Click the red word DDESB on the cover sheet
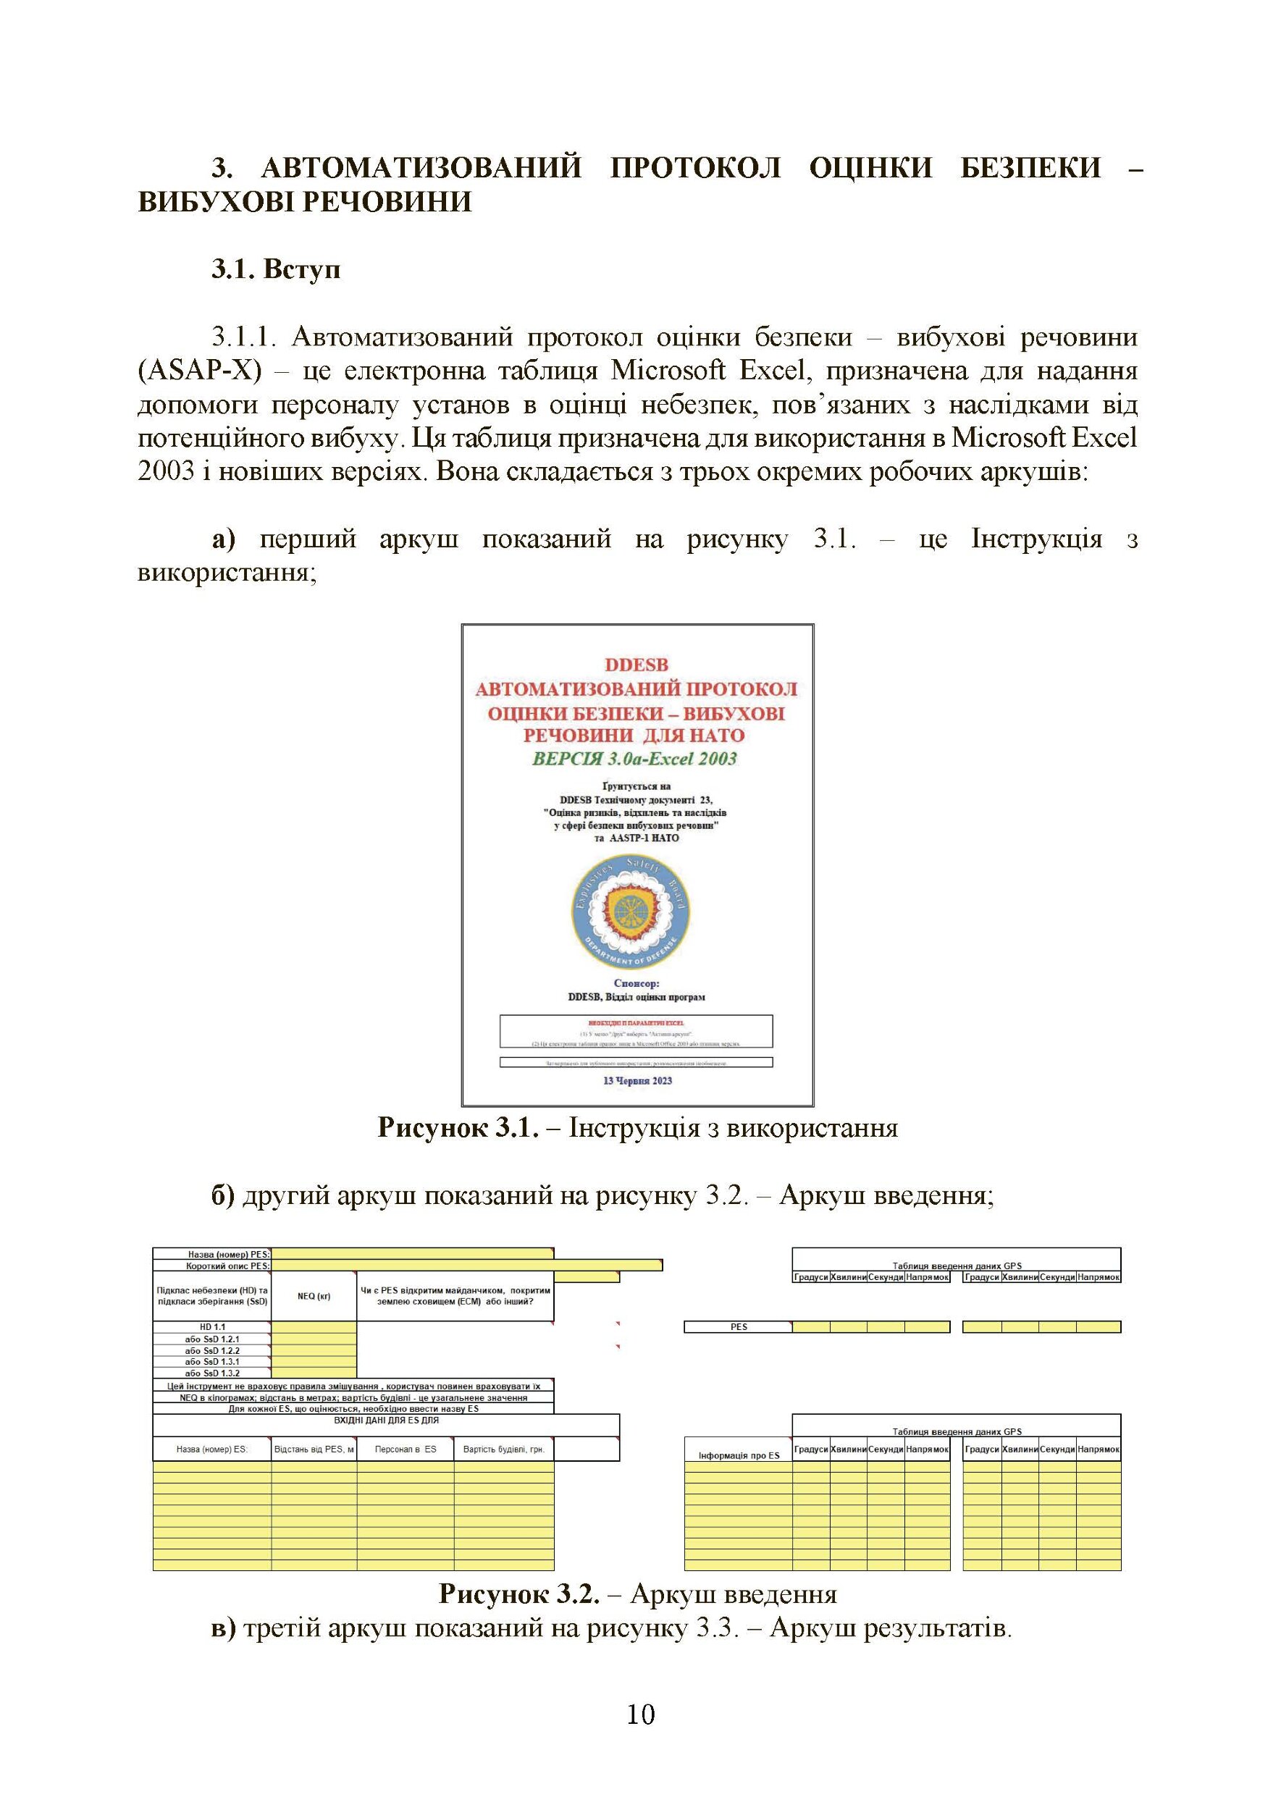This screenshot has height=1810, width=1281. pos(637,665)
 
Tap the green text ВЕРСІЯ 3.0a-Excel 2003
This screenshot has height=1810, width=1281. pos(636,759)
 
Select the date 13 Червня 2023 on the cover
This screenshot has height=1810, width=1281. pos(637,1080)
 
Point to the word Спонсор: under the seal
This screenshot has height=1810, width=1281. pos(636,983)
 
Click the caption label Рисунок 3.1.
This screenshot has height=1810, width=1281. pos(458,1128)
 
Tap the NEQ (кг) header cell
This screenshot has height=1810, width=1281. pos(314,1296)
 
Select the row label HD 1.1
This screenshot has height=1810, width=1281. pos(212,1327)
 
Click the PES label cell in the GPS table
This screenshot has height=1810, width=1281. pos(739,1327)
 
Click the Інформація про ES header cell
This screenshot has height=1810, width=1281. pos(739,1455)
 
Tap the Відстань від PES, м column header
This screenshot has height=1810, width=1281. pos(314,1449)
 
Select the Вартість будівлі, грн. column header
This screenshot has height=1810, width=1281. pos(503,1449)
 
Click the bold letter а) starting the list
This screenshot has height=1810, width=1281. pos(223,539)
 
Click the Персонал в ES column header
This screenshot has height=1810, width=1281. pos(405,1449)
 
